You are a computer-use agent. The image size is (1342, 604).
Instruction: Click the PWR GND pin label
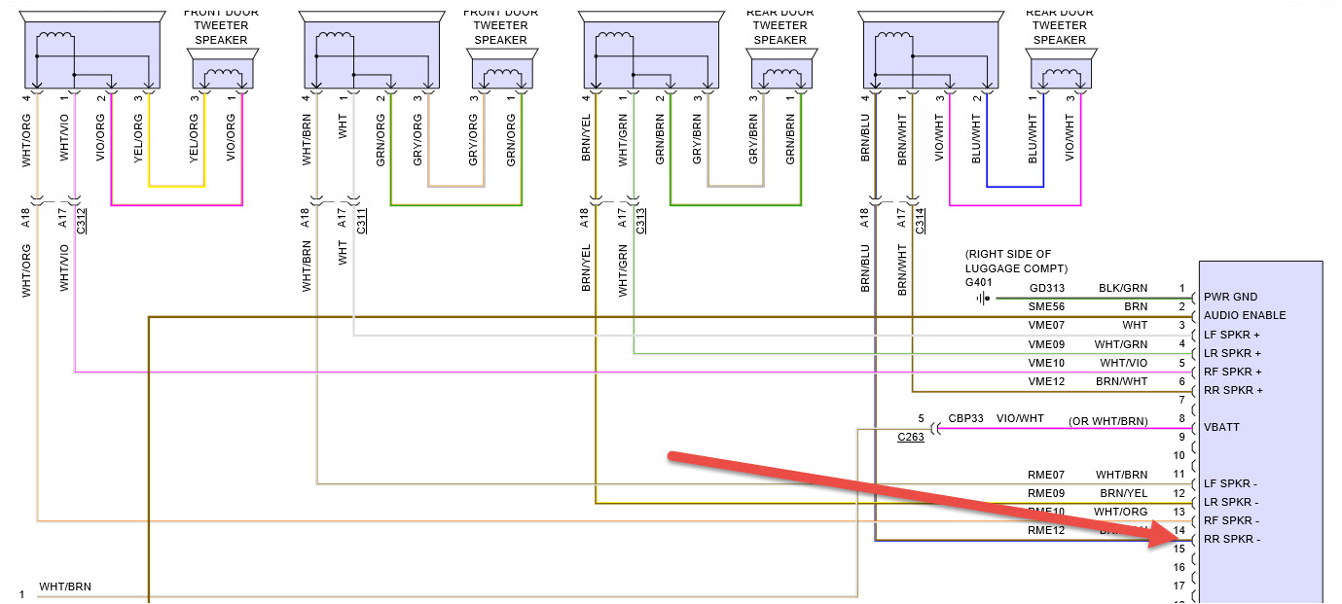1230,297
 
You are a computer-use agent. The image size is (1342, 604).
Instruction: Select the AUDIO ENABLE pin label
1245,315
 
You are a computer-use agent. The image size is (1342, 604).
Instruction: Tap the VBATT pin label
1221,427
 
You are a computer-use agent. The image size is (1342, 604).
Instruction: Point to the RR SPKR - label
1232,539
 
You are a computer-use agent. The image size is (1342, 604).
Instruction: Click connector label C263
911,438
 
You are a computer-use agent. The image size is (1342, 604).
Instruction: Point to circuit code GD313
1047,289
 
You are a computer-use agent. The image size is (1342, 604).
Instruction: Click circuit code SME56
1047,307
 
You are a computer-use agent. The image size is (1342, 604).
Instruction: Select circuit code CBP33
963,419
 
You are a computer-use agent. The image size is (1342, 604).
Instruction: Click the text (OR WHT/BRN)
1107,420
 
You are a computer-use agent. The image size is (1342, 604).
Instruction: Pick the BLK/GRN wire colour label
1123,289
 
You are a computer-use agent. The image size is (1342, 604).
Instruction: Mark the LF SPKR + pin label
1232,335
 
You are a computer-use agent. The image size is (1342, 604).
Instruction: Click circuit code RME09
1047,493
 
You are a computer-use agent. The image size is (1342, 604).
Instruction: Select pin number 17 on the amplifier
1179,586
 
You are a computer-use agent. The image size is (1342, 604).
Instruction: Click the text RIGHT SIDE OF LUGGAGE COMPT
1015,261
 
